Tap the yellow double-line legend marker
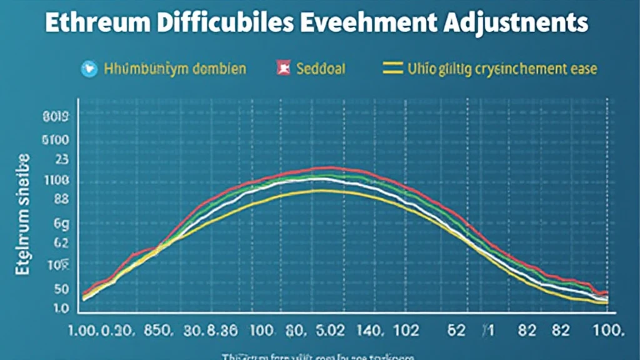tap(392, 69)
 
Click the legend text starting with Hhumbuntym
tap(174, 69)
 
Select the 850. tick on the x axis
tap(156, 329)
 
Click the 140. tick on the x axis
tap(371, 329)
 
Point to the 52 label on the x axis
tap(458, 329)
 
